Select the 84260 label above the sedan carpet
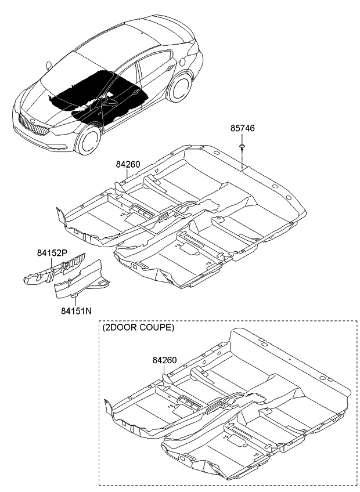pos(128,165)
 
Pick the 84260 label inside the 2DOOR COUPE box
pos(165,360)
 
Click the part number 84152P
pos(53,253)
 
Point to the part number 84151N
pos(75,311)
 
